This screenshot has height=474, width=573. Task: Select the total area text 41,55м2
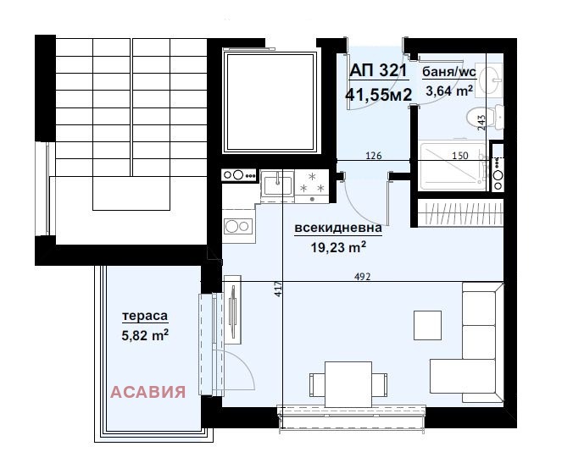(378, 95)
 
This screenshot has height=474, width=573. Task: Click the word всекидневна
(338, 228)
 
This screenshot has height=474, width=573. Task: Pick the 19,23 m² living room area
(337, 247)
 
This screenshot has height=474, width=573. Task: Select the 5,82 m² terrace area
(145, 335)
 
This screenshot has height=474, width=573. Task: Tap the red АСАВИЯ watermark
(148, 392)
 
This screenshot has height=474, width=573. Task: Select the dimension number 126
(373, 156)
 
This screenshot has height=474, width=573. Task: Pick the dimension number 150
(459, 156)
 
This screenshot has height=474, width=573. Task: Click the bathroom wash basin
(491, 81)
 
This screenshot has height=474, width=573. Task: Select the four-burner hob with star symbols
(310, 184)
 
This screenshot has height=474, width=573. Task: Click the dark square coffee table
(427, 323)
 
